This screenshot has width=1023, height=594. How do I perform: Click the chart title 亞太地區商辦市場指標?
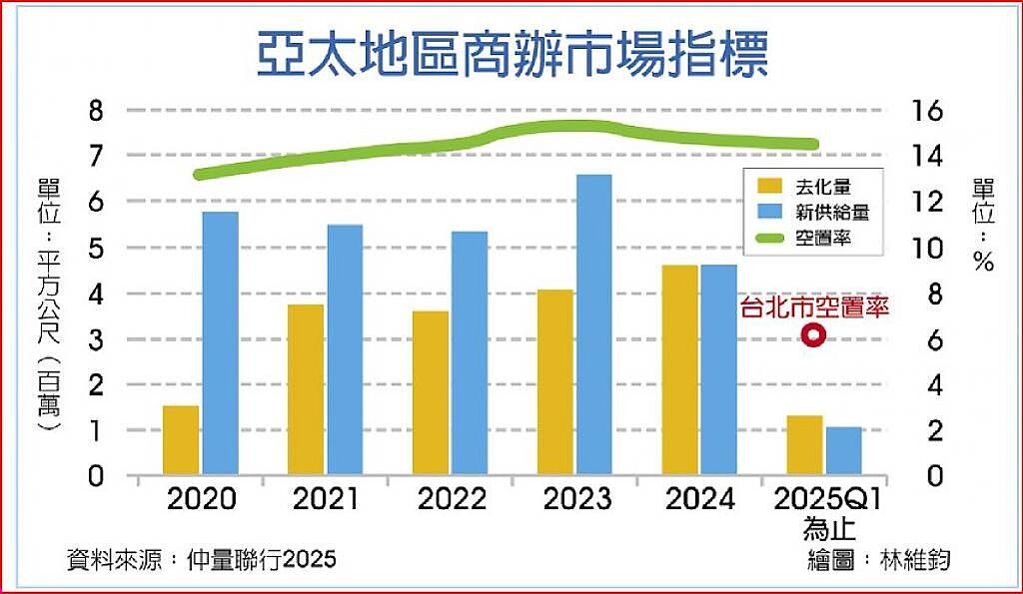pyautogui.click(x=511, y=56)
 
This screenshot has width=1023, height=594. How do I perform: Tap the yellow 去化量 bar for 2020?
pyautogui.click(x=181, y=439)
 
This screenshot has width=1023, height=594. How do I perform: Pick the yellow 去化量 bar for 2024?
pyautogui.click(x=679, y=369)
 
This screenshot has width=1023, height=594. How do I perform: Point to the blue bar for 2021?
pyautogui.click(x=345, y=349)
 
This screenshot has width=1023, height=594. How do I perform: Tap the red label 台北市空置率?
pyautogui.click(x=814, y=306)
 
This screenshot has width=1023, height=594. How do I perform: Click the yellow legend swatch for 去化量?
pyautogui.click(x=770, y=185)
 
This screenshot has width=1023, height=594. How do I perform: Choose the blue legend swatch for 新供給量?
pyautogui.click(x=770, y=212)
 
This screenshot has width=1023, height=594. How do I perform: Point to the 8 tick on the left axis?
pyautogui.click(x=96, y=111)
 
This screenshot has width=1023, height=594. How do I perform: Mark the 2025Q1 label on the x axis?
pyautogui.click(x=829, y=499)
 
